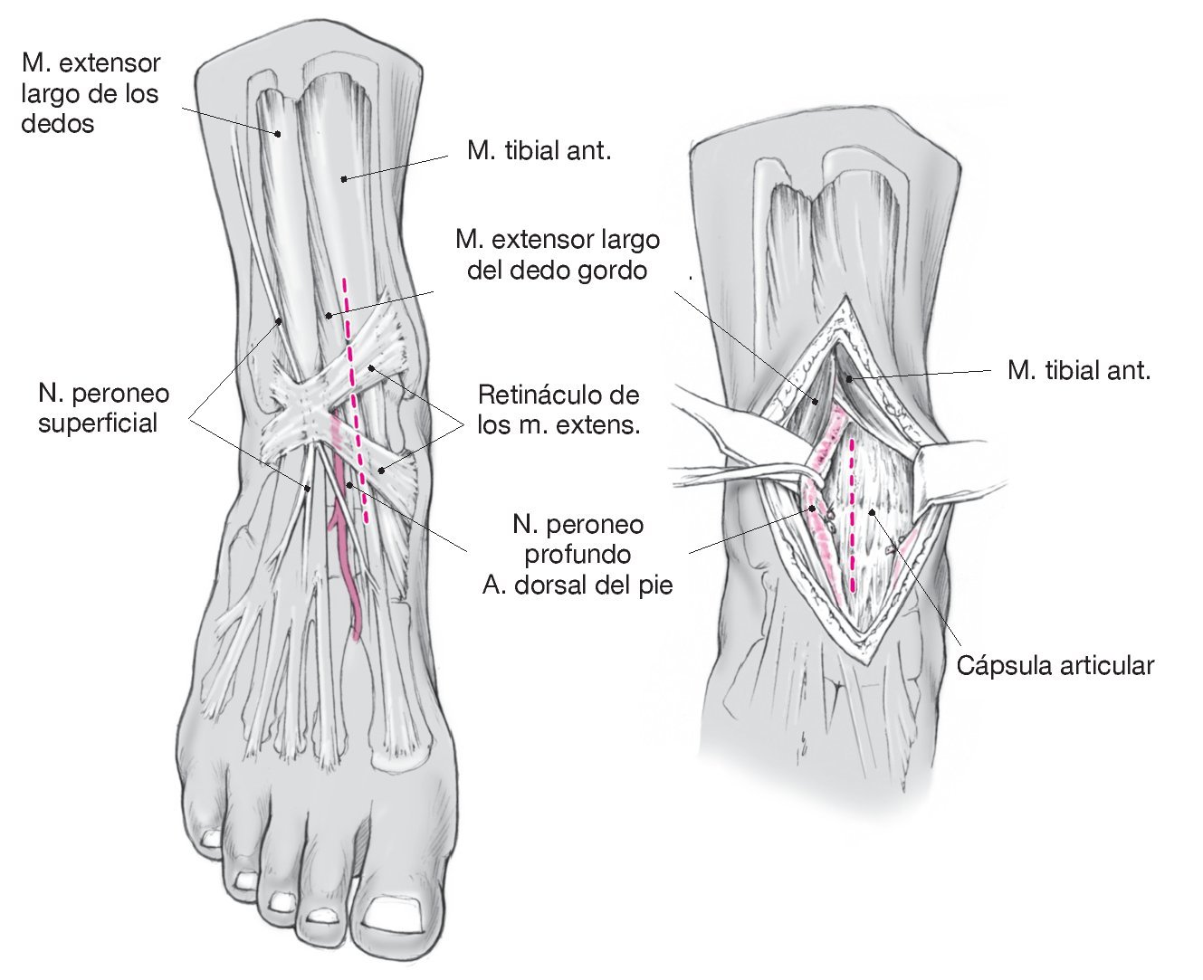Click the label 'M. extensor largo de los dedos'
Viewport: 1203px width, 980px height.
click(x=90, y=92)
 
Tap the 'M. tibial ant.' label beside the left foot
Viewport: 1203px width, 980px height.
click(x=539, y=150)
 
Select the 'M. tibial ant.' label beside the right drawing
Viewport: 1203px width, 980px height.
click(x=1078, y=370)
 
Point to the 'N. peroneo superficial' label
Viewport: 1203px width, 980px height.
click(x=103, y=408)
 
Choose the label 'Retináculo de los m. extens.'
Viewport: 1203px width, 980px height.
click(x=559, y=409)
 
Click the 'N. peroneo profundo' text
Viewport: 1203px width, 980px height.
click(x=578, y=538)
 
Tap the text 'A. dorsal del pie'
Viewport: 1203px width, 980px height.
click(x=578, y=585)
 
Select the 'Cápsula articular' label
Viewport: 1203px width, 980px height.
click(x=1055, y=666)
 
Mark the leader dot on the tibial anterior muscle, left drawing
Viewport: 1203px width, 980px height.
click(x=343, y=179)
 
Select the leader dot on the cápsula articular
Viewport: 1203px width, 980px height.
click(x=872, y=512)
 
